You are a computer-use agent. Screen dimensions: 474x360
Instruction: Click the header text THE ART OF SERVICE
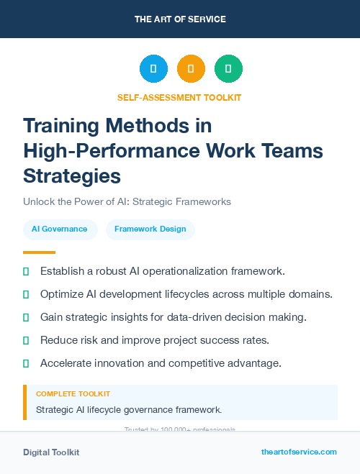pyautogui.click(x=180, y=19)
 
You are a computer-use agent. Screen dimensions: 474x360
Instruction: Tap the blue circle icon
pyautogui.click(x=153, y=69)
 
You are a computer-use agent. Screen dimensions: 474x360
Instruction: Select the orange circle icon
pyautogui.click(x=191, y=69)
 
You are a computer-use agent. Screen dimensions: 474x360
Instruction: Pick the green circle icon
pyautogui.click(x=228, y=69)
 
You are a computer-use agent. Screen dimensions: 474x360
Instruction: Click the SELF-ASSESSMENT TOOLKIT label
pyautogui.click(x=179, y=97)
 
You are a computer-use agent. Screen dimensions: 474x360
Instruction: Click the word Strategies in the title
pyautogui.click(x=72, y=176)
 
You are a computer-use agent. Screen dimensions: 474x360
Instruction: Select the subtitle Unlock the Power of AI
pyautogui.click(x=127, y=202)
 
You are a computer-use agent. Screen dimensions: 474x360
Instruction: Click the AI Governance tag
pyautogui.click(x=60, y=229)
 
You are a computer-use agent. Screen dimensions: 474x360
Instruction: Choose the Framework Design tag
pyautogui.click(x=150, y=229)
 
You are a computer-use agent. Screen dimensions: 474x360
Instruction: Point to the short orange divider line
pyautogui.click(x=39, y=252)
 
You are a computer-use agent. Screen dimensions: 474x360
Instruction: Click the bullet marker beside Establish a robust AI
pyautogui.click(x=26, y=272)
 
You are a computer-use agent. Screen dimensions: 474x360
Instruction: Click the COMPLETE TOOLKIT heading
pyautogui.click(x=73, y=394)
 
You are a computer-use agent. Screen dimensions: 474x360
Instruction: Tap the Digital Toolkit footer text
pyautogui.click(x=51, y=452)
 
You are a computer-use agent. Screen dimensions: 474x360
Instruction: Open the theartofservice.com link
pyautogui.click(x=299, y=452)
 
